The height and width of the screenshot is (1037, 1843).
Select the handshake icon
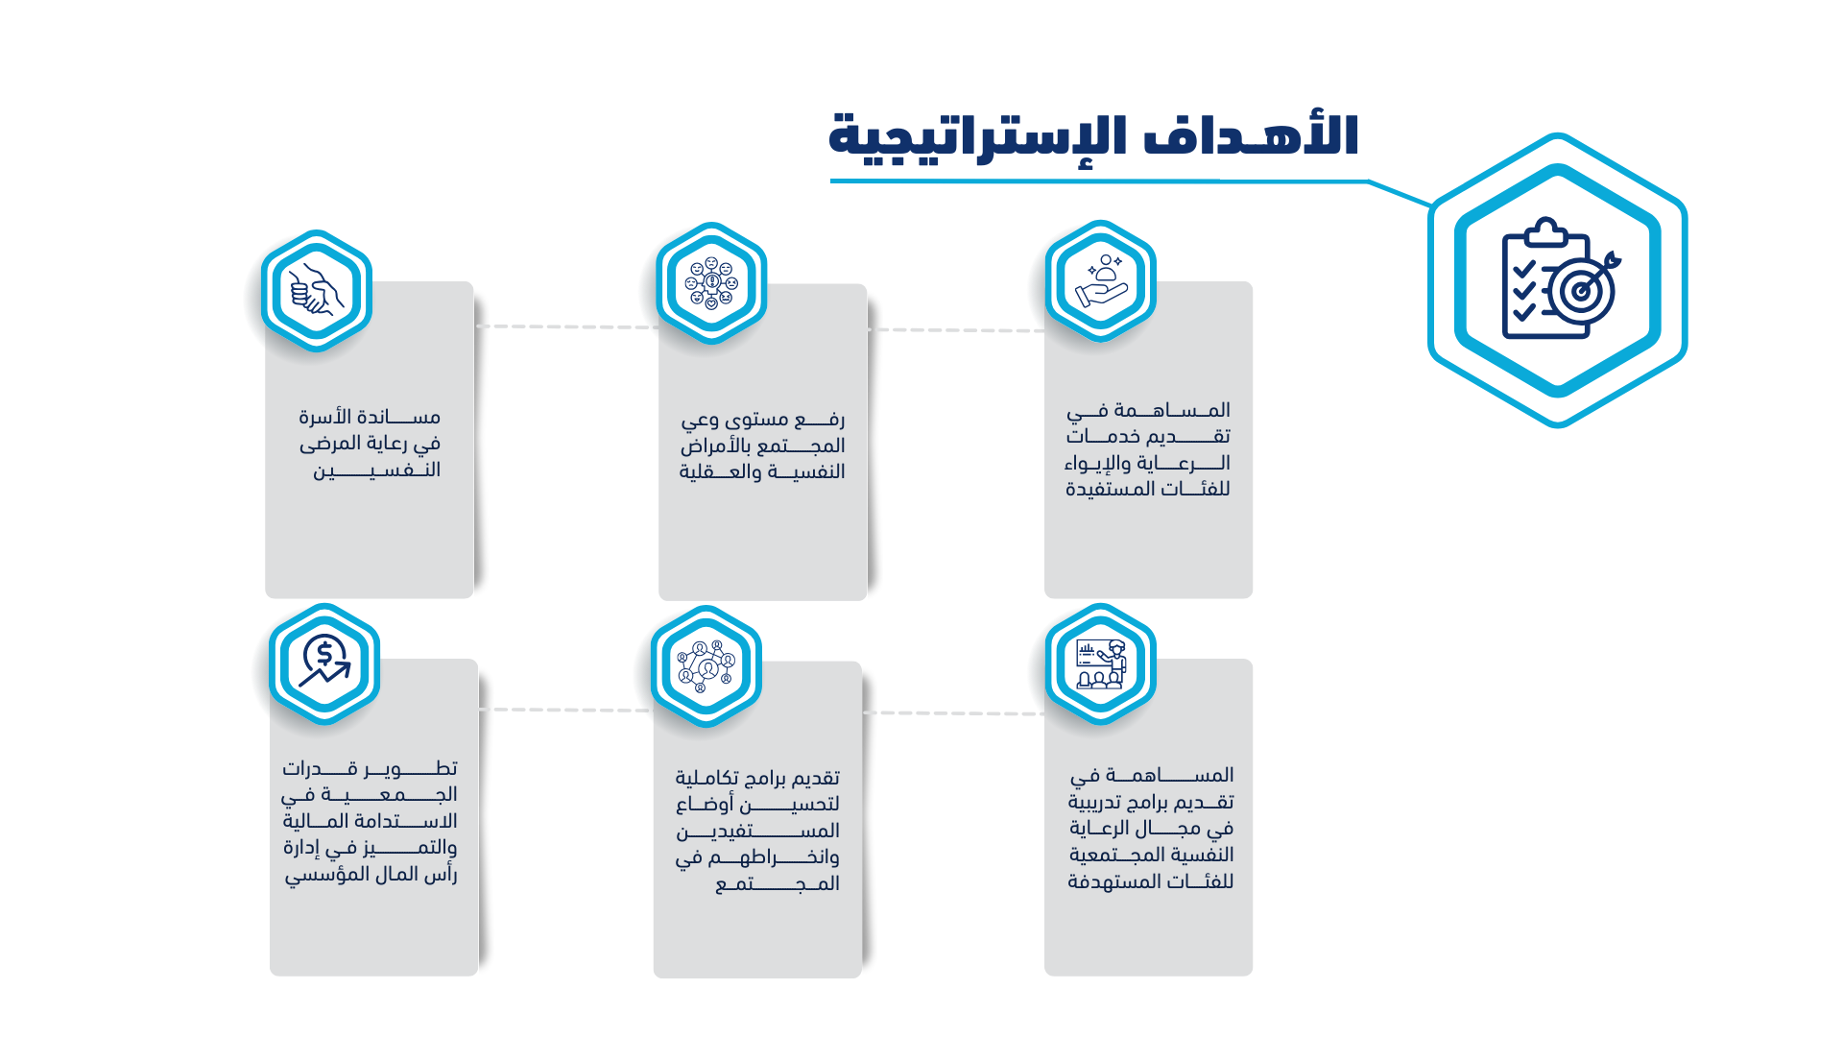(x=317, y=290)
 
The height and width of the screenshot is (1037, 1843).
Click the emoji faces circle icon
(x=711, y=283)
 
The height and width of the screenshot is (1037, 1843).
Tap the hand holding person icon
(x=1101, y=280)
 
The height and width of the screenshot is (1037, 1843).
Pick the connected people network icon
(x=706, y=665)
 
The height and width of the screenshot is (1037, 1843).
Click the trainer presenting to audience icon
(x=1100, y=663)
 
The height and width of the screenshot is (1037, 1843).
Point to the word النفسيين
(x=376, y=470)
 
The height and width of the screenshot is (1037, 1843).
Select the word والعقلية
(x=720, y=471)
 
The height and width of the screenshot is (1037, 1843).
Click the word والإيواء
(x=1098, y=464)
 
